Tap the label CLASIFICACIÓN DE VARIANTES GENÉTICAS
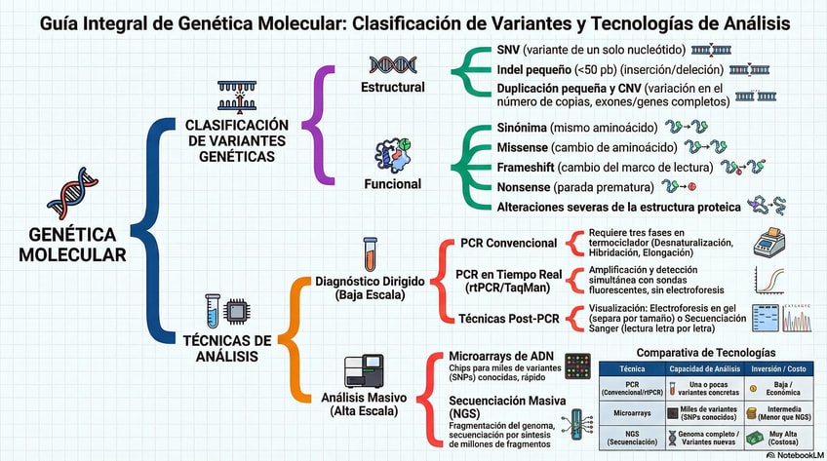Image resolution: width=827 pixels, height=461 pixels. [237, 139]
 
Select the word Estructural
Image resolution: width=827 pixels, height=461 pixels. [393, 87]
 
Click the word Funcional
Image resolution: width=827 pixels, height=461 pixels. [393, 183]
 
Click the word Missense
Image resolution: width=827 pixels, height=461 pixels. [524, 147]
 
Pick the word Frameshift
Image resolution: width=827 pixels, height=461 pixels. [528, 167]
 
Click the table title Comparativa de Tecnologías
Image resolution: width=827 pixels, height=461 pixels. [707, 351]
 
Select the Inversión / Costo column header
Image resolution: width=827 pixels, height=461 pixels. [778, 369]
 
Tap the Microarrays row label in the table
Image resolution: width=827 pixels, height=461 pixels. [632, 413]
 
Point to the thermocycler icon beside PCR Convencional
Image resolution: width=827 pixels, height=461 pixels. [769, 242]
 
